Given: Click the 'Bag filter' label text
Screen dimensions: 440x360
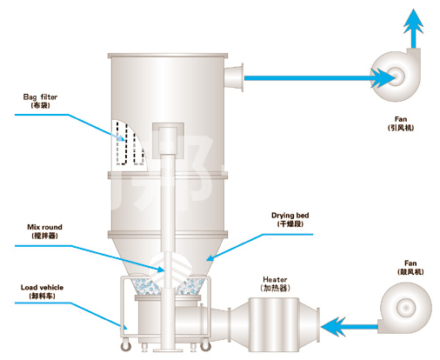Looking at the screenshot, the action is click(x=40, y=97).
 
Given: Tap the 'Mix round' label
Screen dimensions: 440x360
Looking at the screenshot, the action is click(x=44, y=227).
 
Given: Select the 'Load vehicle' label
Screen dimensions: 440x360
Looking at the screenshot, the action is click(x=42, y=288).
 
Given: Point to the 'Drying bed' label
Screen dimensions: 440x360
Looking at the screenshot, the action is click(x=290, y=216).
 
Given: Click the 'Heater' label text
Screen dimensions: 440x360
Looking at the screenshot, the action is click(x=275, y=279).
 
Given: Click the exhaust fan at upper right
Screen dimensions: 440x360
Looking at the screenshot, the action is click(x=396, y=75).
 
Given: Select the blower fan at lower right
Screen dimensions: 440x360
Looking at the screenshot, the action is click(x=405, y=308).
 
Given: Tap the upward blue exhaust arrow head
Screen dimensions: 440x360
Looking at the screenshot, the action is click(x=414, y=21).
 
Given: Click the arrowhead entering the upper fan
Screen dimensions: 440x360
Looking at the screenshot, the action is click(x=383, y=78).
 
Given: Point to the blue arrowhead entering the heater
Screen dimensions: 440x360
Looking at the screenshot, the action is click(x=333, y=327).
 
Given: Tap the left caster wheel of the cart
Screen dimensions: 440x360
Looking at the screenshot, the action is click(x=126, y=346).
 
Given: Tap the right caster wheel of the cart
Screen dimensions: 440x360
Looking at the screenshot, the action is click(x=205, y=346).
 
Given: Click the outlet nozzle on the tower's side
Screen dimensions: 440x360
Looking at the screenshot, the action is click(x=234, y=77).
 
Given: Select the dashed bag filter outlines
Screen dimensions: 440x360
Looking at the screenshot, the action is click(x=130, y=143).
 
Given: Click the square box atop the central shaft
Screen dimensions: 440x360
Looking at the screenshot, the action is click(x=168, y=141).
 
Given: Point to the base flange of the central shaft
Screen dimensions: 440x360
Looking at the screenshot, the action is click(x=168, y=350).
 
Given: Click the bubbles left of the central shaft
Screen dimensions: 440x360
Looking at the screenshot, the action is click(x=147, y=287).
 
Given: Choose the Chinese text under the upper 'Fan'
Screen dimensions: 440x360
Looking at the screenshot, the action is click(x=401, y=128).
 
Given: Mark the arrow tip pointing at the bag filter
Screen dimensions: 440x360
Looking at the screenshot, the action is click(x=125, y=140).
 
